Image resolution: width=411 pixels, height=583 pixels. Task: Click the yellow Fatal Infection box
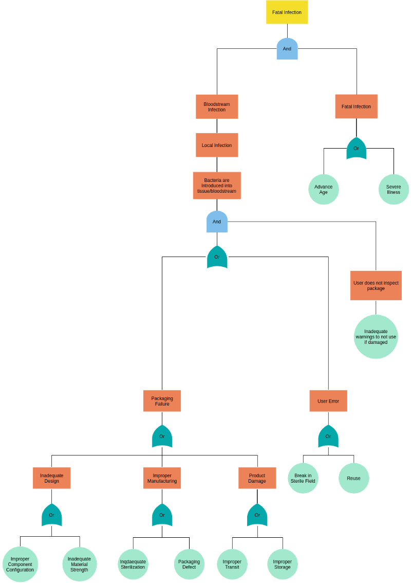pyautogui.click(x=287, y=12)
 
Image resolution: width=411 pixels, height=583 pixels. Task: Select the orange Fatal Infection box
pyautogui.click(x=356, y=106)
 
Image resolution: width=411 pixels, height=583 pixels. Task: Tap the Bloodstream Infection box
pyautogui.click(x=217, y=107)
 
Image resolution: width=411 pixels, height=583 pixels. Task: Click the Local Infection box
pyautogui.click(x=217, y=145)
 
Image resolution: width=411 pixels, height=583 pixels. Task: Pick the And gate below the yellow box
pyautogui.click(x=287, y=49)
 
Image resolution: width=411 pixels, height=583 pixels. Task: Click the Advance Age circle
pyautogui.click(x=323, y=189)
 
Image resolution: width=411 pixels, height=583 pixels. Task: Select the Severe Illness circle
pyautogui.click(x=394, y=189)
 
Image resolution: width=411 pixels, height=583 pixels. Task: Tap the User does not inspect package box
pyautogui.click(x=376, y=285)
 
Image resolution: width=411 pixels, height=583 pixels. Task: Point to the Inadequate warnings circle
pyautogui.click(x=376, y=337)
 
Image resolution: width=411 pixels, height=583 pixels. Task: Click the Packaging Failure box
pyautogui.click(x=162, y=401)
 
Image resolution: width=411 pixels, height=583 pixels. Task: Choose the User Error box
pyautogui.click(x=328, y=401)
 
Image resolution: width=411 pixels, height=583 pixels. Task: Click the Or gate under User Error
pyautogui.click(x=328, y=436)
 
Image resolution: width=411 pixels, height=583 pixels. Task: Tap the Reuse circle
pyautogui.click(x=353, y=478)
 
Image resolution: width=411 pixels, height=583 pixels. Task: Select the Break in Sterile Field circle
pyautogui.click(x=303, y=478)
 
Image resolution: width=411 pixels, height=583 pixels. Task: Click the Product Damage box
pyautogui.click(x=257, y=478)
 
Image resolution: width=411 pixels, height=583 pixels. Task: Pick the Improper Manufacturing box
pyautogui.click(x=162, y=478)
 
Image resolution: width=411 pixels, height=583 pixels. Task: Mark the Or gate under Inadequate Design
pyautogui.click(x=51, y=515)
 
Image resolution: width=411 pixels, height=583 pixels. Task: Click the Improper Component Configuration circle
pyautogui.click(x=20, y=564)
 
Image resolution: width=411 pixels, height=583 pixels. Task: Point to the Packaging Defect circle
pyautogui.click(x=189, y=564)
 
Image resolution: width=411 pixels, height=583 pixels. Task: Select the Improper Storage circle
pyautogui.click(x=282, y=564)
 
